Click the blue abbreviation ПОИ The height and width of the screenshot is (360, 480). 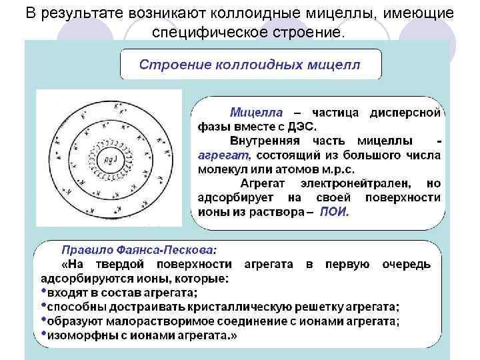pyautogui.click(x=333, y=212)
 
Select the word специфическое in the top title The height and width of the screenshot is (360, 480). pyautogui.click(x=205, y=31)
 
